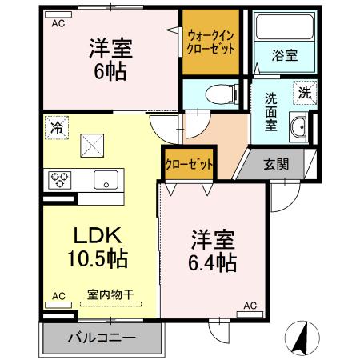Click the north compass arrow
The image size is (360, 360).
pos(302,338)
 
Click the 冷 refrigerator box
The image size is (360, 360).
pos(57,126)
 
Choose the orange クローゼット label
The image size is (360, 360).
pos(190,165)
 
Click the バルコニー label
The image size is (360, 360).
pos(101,338)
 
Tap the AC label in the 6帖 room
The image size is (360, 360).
pos(58,24)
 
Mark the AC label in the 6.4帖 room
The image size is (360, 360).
pos(250,305)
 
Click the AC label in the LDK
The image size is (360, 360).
pos(58,296)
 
